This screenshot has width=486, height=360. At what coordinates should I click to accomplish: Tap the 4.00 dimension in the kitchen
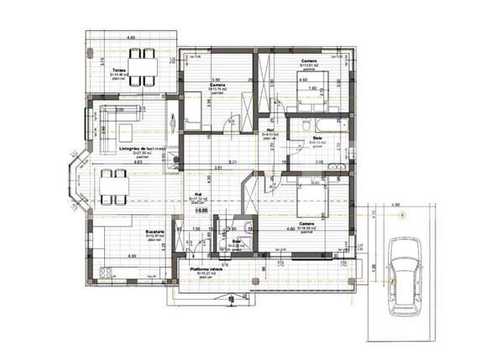tap(131, 255)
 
